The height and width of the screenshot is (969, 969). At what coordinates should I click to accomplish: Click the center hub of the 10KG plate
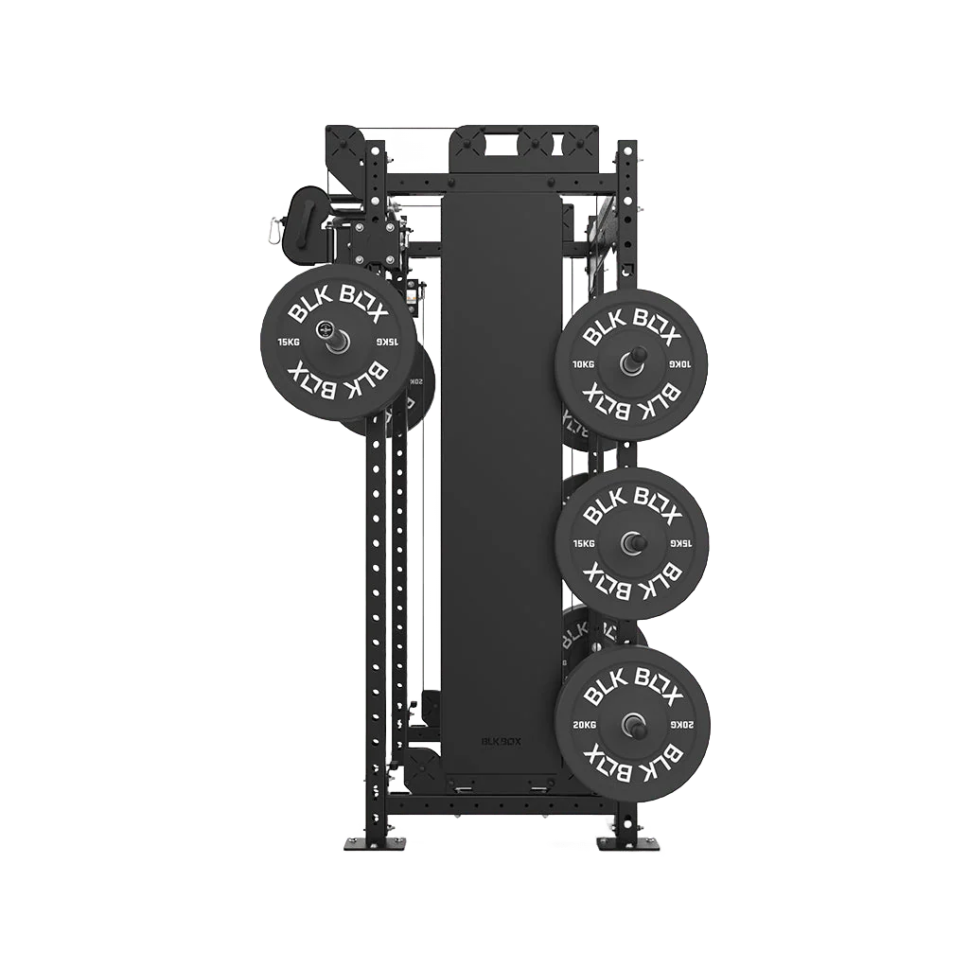pos(631,362)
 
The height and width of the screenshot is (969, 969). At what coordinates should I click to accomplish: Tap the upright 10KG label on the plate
pos(583,363)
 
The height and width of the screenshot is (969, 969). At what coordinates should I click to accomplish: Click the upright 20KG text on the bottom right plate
pos(584,724)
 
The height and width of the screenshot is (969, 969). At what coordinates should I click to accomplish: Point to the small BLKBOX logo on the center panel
pos(501,742)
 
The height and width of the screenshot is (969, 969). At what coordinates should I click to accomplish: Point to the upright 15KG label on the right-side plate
pos(583,543)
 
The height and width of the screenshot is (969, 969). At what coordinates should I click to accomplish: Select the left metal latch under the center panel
pos(464,786)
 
